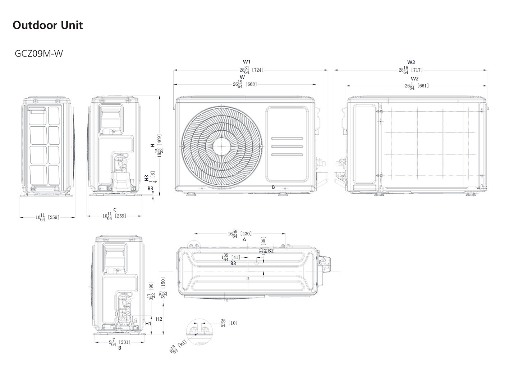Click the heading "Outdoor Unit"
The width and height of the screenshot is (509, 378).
(x=48, y=25)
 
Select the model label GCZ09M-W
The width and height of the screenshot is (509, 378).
(x=39, y=54)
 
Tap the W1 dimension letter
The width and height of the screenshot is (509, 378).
(x=247, y=62)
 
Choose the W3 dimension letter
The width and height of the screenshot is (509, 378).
(x=411, y=62)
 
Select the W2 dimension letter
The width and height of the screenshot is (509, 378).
(x=415, y=78)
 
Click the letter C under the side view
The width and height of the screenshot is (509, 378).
(x=115, y=210)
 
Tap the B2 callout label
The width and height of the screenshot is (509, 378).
(x=271, y=251)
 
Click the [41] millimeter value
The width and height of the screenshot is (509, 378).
(x=236, y=257)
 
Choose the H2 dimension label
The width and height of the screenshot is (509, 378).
(x=159, y=319)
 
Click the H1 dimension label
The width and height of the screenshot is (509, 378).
(x=148, y=323)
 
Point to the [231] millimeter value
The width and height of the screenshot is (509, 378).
(x=124, y=342)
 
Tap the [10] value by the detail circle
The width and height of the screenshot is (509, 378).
(x=233, y=323)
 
